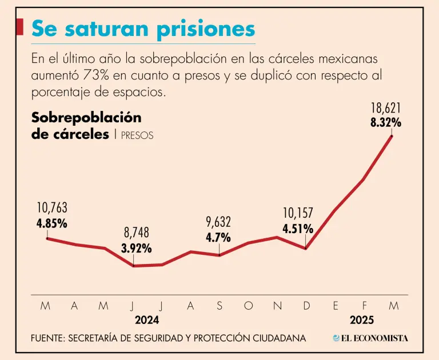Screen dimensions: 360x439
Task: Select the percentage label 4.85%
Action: coord(52,223)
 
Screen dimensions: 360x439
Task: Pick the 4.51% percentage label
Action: coord(298,229)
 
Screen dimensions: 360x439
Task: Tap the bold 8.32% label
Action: coord(386,122)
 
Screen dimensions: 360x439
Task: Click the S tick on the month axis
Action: coord(219,306)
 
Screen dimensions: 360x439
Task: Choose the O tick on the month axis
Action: coord(248,306)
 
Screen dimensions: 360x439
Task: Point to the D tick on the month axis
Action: coord(306,306)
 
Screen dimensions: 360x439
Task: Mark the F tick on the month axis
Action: coord(365,306)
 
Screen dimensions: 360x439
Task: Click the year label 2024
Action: coord(147,320)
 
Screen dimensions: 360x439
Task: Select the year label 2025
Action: coord(362,320)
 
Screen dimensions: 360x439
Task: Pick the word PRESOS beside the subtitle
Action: coord(137,136)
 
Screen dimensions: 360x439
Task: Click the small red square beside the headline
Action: coord(20,26)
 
